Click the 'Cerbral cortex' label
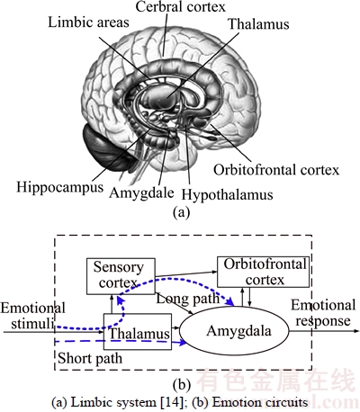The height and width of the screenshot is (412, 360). point(180,6)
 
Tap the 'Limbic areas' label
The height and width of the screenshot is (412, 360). point(88,22)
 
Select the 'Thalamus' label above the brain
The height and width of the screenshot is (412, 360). point(258,24)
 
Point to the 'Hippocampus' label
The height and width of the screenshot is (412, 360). point(60,188)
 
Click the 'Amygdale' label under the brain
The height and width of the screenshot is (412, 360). point(141,193)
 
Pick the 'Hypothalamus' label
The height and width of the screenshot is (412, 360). point(227,194)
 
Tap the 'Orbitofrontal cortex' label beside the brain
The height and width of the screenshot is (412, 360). point(276,170)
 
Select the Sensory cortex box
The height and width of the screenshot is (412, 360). point(121,276)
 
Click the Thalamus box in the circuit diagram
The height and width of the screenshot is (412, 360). point(138,332)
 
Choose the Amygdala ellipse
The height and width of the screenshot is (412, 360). point(234,331)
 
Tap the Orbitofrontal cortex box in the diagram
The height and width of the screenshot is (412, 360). point(263,272)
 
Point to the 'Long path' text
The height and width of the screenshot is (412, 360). point(188,299)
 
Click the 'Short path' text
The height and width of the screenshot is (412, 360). point(90,358)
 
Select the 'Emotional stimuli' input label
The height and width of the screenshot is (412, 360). point(32,316)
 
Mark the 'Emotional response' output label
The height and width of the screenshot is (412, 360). point(323,313)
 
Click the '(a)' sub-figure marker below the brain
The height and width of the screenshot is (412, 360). point(182,212)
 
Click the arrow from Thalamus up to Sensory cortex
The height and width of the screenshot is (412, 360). point(112,304)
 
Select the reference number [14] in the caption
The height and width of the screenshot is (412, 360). point(172,402)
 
